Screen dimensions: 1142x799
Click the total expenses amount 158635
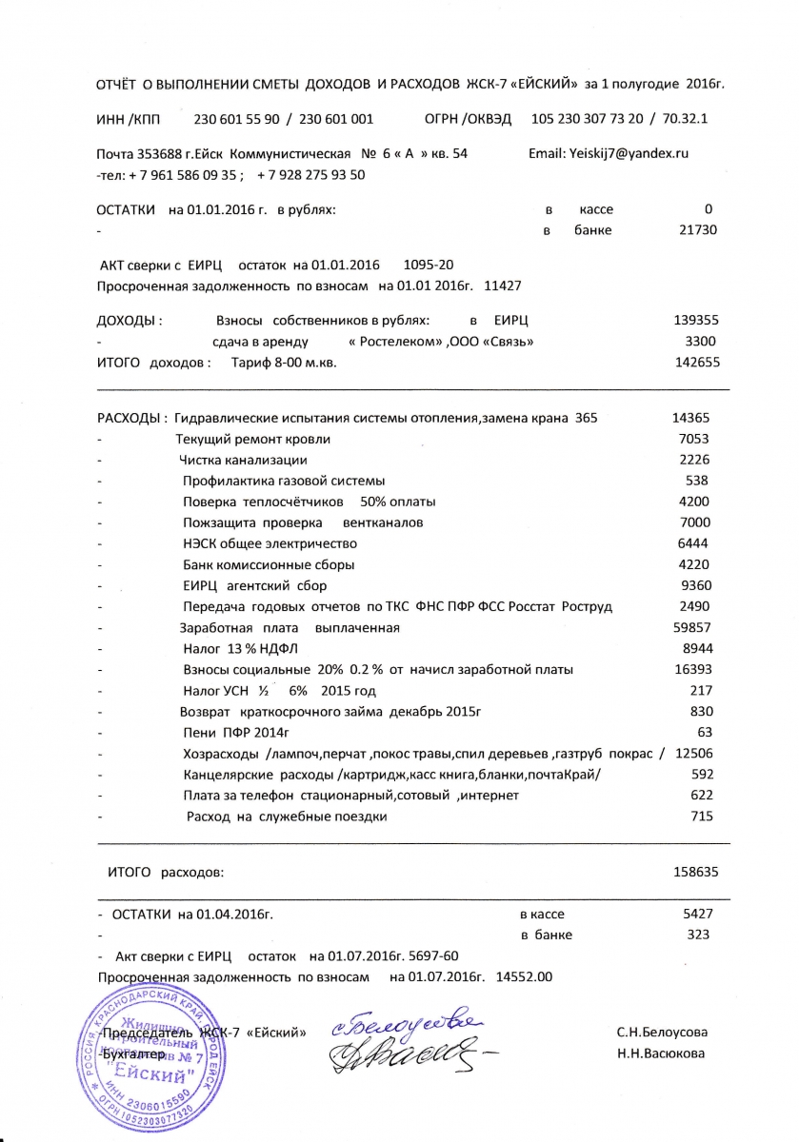[695, 871]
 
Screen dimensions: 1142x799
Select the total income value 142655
[695, 363]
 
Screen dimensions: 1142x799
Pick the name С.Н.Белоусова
[662, 1032]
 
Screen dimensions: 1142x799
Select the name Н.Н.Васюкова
[660, 1053]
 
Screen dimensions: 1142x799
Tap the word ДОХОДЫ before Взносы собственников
[130, 321]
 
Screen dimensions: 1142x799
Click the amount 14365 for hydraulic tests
[690, 418]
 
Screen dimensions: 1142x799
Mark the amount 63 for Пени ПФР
[705, 732]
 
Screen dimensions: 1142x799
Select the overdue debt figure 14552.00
[525, 976]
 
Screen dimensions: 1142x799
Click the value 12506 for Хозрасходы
[692, 754]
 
